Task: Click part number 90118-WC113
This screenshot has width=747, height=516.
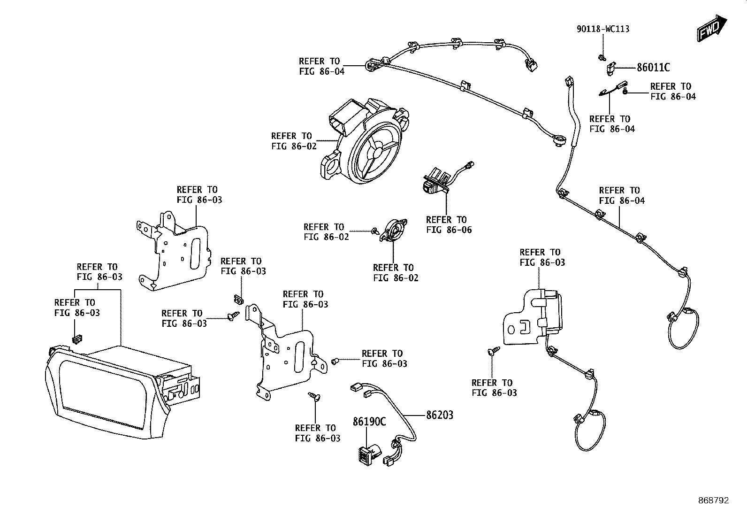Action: pos(603,29)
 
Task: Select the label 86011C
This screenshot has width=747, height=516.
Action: pos(653,68)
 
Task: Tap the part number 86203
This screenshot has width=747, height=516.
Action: pos(440,415)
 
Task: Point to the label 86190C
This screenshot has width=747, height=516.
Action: pos(369,422)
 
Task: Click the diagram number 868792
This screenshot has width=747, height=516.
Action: pos(714,501)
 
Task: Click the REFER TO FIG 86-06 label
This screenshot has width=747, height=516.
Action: pos(449,224)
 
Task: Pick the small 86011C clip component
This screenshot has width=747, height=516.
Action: pos(610,69)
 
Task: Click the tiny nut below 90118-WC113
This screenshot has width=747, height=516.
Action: pos(602,57)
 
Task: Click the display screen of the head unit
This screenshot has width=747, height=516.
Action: pos(103,394)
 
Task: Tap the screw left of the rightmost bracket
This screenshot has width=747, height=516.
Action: pos(494,350)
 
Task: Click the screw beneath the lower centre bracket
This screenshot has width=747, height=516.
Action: pos(314,396)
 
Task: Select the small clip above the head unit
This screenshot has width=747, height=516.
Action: pos(77,339)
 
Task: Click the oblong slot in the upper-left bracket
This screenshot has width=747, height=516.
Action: pos(195,254)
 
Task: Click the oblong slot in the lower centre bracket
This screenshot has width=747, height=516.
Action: pos(299,357)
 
